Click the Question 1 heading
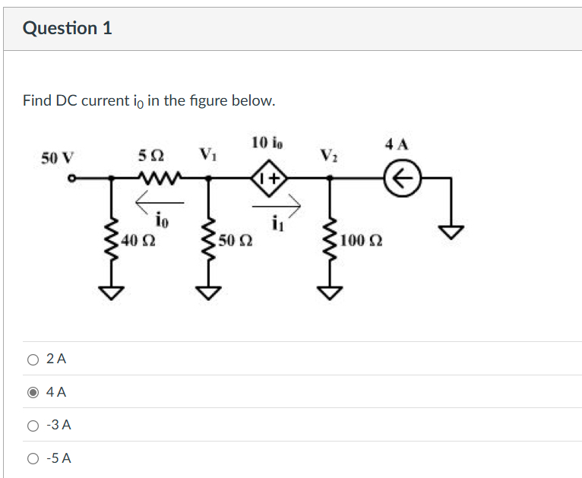[x=68, y=28]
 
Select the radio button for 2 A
[x=33, y=359]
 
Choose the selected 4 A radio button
[x=33, y=393]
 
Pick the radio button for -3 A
[x=33, y=426]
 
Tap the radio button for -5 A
[x=33, y=458]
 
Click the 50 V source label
[x=58, y=158]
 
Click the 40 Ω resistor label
[x=138, y=242]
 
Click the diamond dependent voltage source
[x=270, y=179]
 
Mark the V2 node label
[x=328, y=156]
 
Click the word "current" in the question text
[x=106, y=101]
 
